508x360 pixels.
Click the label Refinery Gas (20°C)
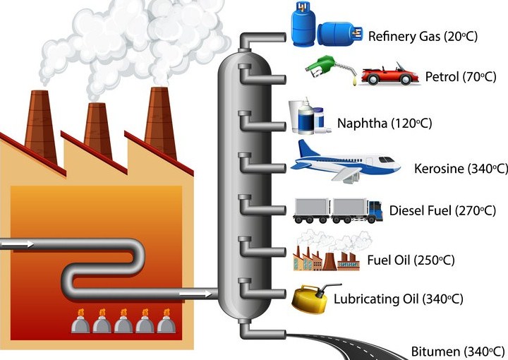(423, 35)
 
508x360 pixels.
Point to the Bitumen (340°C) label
(458, 351)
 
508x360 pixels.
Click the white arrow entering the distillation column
(194, 292)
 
